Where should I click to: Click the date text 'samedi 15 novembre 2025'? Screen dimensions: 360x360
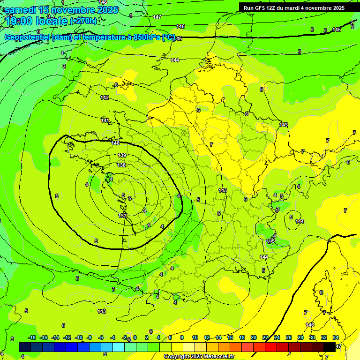(x=62, y=10)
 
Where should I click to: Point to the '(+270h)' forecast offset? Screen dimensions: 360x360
(x=83, y=21)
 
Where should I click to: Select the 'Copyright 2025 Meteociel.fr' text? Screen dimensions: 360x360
(x=199, y=356)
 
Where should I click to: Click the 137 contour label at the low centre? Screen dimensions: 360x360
(x=122, y=216)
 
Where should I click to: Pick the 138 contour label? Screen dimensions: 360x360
(x=121, y=165)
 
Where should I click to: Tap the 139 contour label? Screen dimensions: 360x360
(x=122, y=155)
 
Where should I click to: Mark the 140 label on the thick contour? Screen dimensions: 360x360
(x=116, y=143)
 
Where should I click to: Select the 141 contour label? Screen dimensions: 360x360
(x=105, y=121)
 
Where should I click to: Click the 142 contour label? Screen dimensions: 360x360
(x=105, y=97)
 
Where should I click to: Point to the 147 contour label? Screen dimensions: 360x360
(x=157, y=17)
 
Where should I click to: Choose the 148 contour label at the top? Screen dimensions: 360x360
(x=103, y=2)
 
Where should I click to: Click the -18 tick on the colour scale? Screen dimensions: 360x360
(x=32, y=337)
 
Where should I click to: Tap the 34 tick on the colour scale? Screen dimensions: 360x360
(x=335, y=337)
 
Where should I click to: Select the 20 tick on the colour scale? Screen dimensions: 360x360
(x=254, y=337)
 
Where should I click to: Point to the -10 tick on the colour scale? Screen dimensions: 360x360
(x=79, y=337)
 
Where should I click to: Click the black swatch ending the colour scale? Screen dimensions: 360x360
(x=330, y=347)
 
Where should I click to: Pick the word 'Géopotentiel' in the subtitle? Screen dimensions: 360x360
(x=28, y=37)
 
